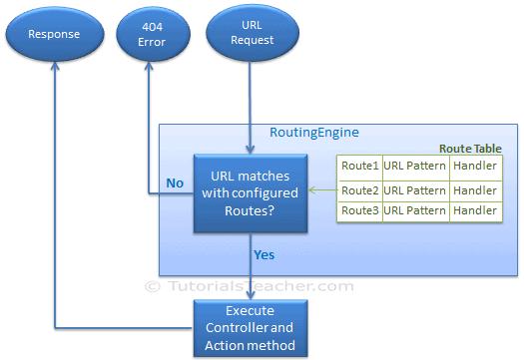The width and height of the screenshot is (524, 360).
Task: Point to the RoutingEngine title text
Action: (314, 132)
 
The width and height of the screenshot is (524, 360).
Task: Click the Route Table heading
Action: (470, 148)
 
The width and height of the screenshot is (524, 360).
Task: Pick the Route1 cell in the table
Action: (359, 167)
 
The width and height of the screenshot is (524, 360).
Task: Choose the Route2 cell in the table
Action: (359, 189)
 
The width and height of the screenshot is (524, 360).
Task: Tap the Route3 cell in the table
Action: (359, 210)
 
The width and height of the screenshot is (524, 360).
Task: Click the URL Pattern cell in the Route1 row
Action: (414, 167)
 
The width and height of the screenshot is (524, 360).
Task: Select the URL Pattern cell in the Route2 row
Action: (414, 189)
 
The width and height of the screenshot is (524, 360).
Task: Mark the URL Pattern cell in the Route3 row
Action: (414, 210)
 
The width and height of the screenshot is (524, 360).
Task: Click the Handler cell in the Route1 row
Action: (475, 167)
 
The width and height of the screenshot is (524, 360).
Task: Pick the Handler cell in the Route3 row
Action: (475, 210)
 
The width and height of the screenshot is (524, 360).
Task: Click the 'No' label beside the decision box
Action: (174, 183)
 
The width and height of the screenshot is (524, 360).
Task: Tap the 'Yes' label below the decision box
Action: (263, 255)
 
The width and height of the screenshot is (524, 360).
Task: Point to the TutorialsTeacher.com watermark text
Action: (250, 286)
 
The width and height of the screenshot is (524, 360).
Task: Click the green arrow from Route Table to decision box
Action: (321, 189)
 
